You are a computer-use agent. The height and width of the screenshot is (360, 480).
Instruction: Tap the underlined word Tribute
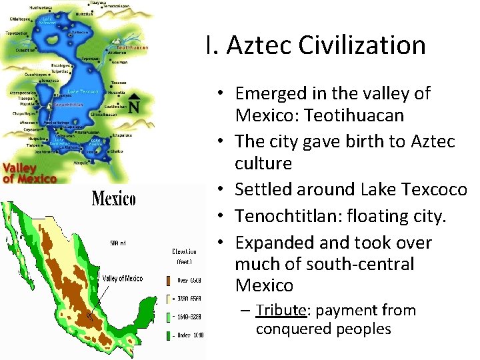(x=281, y=311)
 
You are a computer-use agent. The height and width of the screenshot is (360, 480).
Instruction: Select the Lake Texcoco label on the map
(x=84, y=91)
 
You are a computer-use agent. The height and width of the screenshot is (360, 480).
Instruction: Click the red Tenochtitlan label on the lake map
(x=66, y=105)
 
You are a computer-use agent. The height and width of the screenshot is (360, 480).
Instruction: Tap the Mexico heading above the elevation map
(x=113, y=199)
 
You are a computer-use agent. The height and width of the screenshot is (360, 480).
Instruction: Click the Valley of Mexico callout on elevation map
(x=122, y=279)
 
